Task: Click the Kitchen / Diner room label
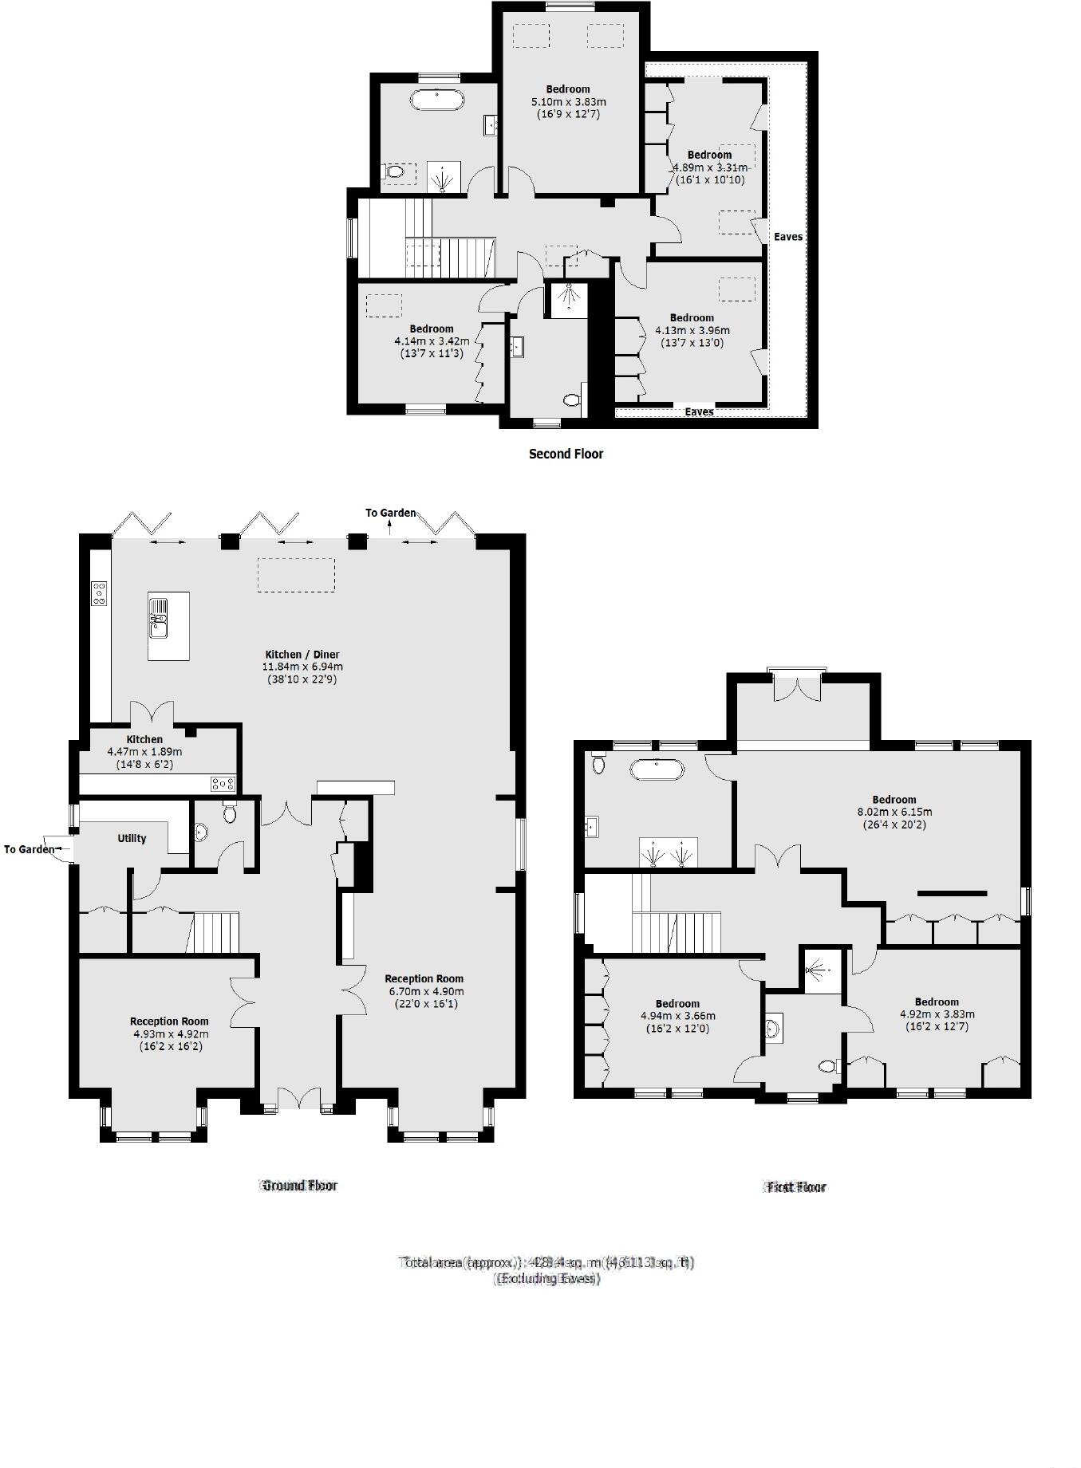click(302, 654)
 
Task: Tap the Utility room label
click(132, 838)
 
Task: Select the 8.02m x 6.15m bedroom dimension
click(894, 812)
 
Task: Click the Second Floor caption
click(566, 454)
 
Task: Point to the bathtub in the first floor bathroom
click(657, 770)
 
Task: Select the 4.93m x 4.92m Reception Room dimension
click(168, 1033)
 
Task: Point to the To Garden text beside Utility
click(29, 849)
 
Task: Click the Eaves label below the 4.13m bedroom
click(699, 411)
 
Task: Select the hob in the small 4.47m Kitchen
click(223, 784)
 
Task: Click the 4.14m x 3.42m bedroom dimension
click(431, 341)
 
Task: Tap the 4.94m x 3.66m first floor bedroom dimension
click(677, 1016)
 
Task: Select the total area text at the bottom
click(546, 1262)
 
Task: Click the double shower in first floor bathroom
click(668, 852)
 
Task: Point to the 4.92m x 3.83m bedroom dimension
click(937, 1014)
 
